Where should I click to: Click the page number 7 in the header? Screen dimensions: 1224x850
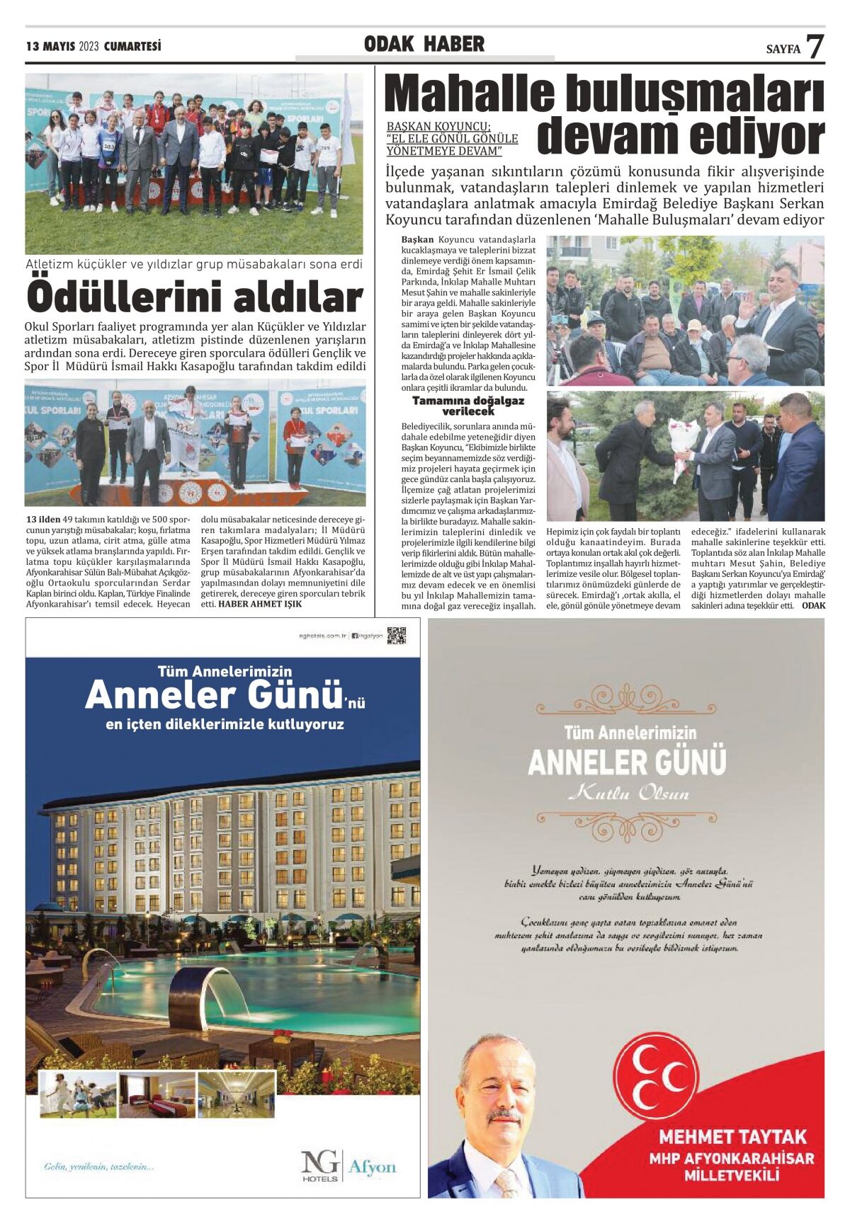pyautogui.click(x=815, y=46)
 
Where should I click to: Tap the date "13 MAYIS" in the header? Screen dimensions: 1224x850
pyautogui.click(x=51, y=47)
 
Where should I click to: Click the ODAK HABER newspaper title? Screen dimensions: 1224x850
pyautogui.click(x=424, y=45)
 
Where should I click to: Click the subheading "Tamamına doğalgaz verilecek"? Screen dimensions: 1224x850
pyautogui.click(x=468, y=406)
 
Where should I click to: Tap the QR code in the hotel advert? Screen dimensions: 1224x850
pyautogui.click(x=397, y=635)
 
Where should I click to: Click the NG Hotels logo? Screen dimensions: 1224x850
pyautogui.click(x=320, y=1165)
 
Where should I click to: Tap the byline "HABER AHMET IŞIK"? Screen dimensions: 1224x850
pyautogui.click(x=259, y=604)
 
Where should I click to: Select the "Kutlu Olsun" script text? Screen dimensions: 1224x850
pyautogui.click(x=628, y=793)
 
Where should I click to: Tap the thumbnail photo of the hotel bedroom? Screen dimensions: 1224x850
pyautogui.click(x=157, y=1095)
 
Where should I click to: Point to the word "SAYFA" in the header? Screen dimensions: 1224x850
pyautogui.click(x=783, y=49)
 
